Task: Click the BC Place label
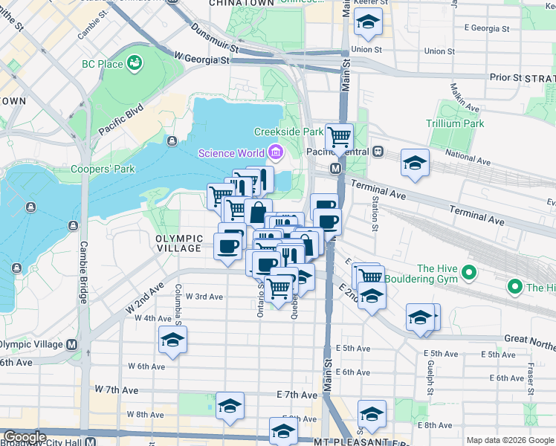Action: tap(103, 64)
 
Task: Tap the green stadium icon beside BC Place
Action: tap(135, 63)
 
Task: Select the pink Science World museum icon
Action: tap(276, 153)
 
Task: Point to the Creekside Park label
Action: tap(288, 132)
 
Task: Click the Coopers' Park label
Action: tap(103, 169)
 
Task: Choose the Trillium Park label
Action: tap(455, 123)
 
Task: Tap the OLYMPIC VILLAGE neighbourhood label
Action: tap(179, 243)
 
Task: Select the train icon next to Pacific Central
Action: tap(378, 152)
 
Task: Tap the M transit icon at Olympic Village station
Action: tap(71, 344)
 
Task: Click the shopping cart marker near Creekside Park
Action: tap(339, 136)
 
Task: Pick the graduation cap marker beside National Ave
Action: tap(415, 163)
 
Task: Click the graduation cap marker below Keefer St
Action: tap(368, 23)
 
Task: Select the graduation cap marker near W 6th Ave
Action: tap(172, 340)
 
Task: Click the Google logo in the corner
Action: tap(24, 437)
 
